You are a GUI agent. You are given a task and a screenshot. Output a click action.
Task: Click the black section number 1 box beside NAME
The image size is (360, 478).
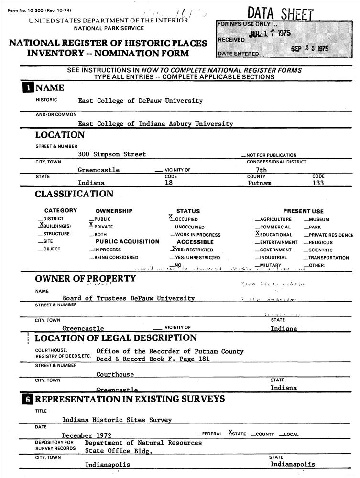(29, 88)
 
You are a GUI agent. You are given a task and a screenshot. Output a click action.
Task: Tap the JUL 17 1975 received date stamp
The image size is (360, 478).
(270, 34)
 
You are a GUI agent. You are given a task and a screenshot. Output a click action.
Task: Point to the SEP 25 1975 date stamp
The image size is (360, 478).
(309, 49)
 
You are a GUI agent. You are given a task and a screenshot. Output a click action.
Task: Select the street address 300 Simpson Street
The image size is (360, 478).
(112, 154)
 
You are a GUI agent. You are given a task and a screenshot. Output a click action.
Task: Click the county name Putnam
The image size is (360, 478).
(260, 183)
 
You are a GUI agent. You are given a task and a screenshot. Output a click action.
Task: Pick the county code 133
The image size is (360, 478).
(318, 183)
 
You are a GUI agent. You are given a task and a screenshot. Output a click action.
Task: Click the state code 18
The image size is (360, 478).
(168, 183)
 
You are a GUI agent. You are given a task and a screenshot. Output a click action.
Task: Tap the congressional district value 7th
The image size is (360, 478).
(262, 170)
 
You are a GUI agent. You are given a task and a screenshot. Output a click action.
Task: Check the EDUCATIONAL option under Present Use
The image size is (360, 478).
(274, 234)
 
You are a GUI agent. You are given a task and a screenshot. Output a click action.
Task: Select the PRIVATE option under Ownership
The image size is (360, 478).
(101, 227)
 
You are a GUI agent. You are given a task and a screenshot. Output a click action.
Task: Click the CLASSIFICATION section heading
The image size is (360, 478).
(74, 194)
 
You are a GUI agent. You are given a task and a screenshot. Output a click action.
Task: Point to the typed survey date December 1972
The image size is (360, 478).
(87, 435)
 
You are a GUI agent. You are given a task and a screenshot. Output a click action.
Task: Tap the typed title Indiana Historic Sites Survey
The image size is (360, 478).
(117, 420)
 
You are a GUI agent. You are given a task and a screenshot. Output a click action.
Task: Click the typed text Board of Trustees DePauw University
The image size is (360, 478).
(129, 298)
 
